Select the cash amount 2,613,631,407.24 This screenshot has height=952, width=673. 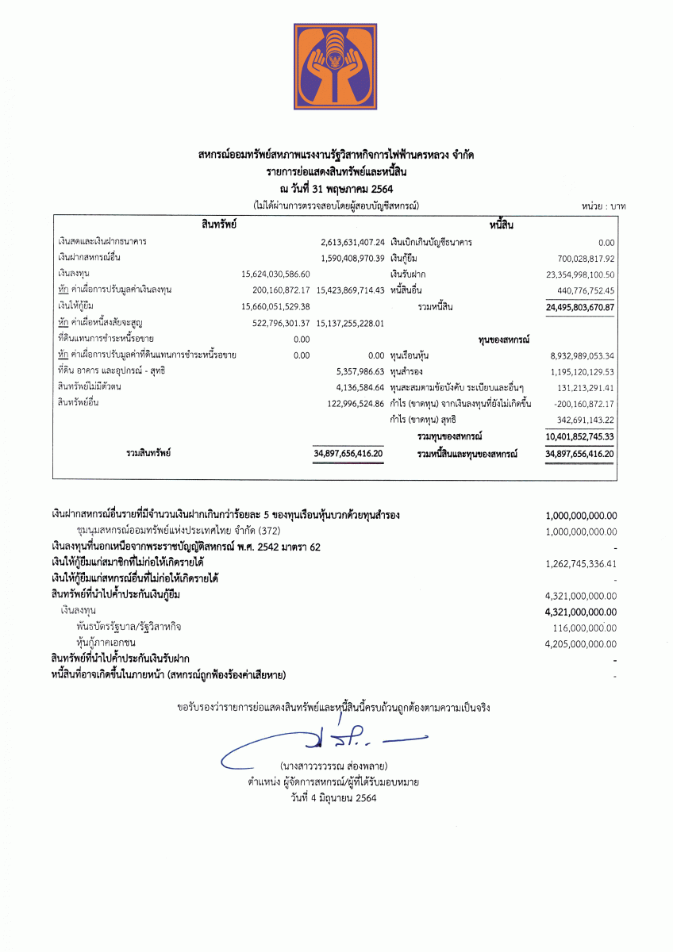(353, 241)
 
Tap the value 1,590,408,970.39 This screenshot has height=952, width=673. (353, 258)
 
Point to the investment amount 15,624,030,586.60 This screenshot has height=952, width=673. (275, 274)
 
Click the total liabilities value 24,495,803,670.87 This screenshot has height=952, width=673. (580, 306)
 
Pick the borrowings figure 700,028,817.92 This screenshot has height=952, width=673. (586, 258)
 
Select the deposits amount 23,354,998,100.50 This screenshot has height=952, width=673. (582, 274)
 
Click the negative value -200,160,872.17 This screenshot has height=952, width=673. (584, 404)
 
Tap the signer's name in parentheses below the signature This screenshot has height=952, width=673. (333, 766)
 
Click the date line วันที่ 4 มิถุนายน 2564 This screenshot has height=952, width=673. (333, 798)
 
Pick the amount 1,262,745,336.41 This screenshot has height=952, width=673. (581, 563)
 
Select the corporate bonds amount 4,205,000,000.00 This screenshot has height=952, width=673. (581, 643)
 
